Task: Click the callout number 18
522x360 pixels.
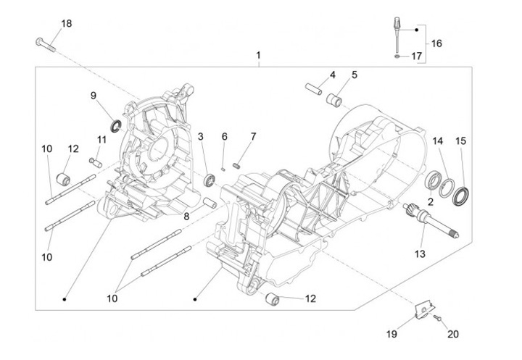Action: point(66,24)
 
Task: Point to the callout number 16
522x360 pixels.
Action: point(436,43)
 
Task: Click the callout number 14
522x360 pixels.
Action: point(437,141)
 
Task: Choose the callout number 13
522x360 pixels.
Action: point(420,254)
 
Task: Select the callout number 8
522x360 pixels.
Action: point(186,216)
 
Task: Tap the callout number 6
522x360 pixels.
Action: point(225,136)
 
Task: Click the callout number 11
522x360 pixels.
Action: point(101,139)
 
